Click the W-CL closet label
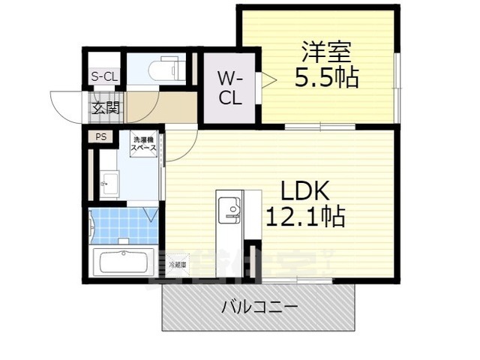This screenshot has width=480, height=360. point(229,88)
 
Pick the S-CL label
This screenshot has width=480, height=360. point(104,76)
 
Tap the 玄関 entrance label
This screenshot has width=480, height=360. point(106,107)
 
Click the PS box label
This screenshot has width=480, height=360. point(100,137)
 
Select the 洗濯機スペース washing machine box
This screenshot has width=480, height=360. point(144,144)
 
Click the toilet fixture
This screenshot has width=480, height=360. point(166,70)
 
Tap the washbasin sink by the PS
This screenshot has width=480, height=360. point(109,182)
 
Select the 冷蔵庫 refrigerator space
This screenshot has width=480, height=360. point(178,264)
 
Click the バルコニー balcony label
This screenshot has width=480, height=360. point(259,307)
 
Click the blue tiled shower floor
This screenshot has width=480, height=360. point(122,225)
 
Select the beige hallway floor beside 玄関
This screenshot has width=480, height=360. point(176,107)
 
